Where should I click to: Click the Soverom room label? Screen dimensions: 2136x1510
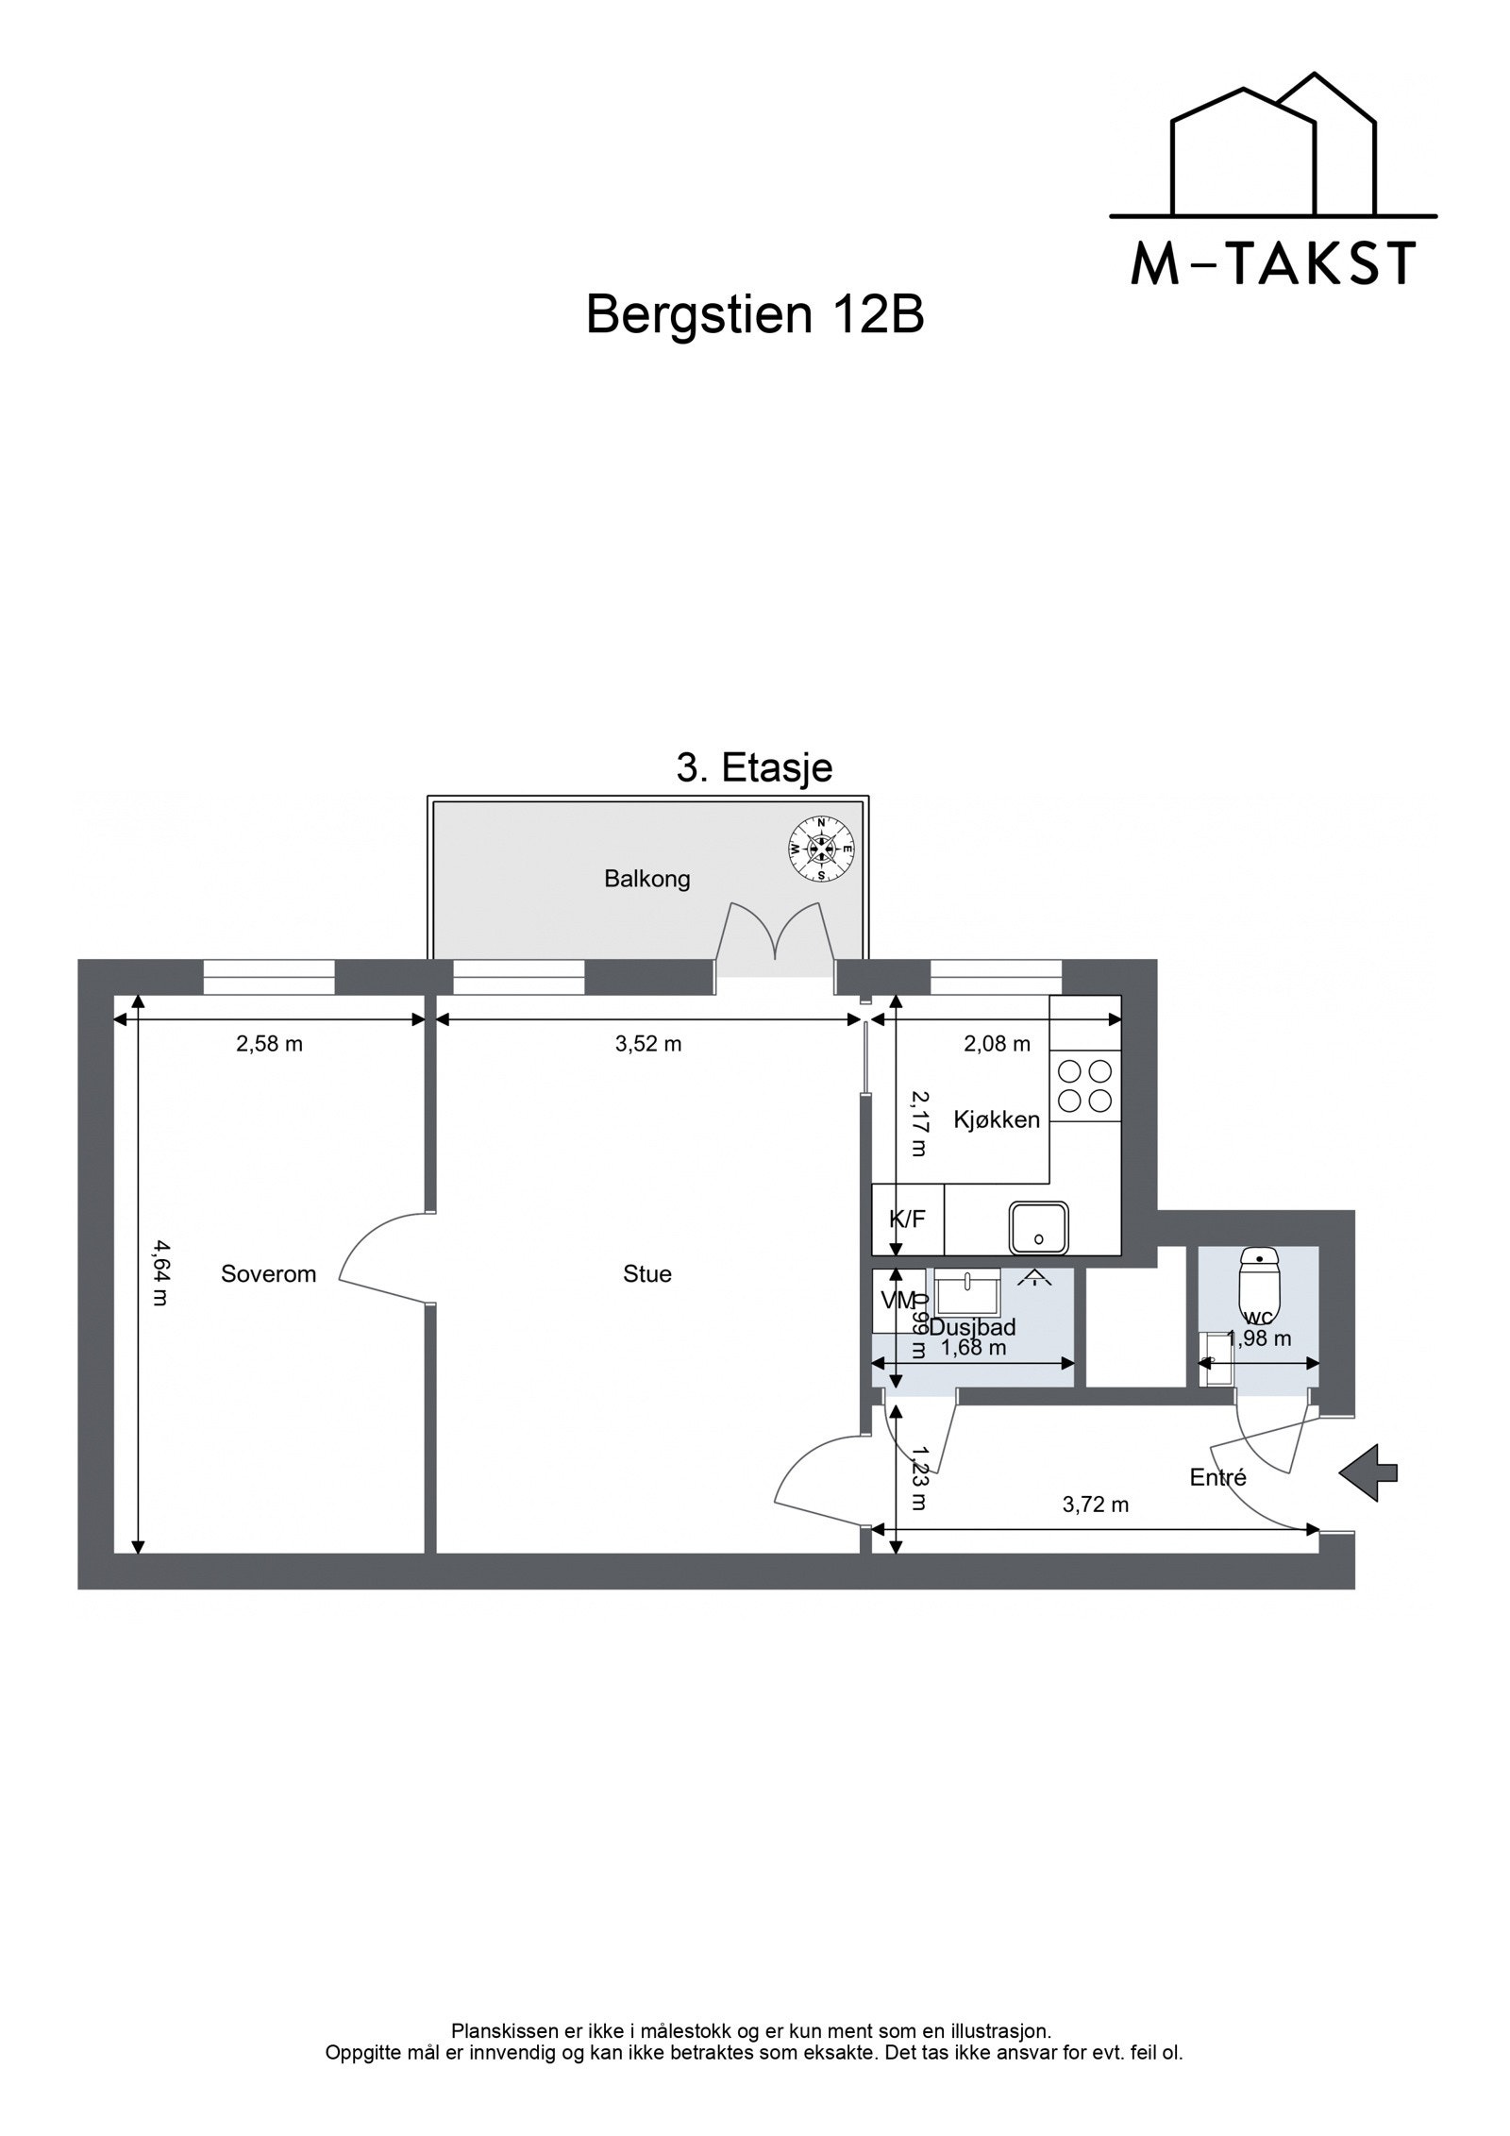click(268, 1274)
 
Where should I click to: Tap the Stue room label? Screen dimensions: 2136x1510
click(646, 1274)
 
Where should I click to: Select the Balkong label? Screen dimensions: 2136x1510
click(646, 880)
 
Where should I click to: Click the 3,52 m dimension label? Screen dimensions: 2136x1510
click(647, 1044)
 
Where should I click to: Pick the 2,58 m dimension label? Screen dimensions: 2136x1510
click(269, 1044)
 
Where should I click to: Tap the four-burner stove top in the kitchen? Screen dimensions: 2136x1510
click(1085, 1085)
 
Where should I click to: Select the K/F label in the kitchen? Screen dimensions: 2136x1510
click(907, 1219)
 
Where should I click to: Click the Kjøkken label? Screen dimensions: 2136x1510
click(997, 1120)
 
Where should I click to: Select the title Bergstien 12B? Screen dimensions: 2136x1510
click(754, 315)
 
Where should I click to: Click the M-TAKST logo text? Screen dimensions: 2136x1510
click(1273, 264)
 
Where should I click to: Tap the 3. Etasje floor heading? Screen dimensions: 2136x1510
click(754, 768)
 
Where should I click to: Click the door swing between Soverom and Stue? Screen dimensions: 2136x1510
click(382, 1255)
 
